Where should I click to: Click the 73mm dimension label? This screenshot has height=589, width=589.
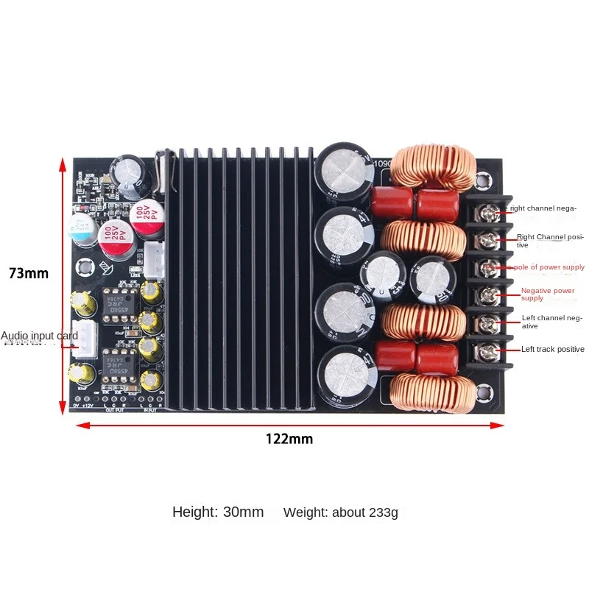[29, 273]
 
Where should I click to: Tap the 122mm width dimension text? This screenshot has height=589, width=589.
[289, 439]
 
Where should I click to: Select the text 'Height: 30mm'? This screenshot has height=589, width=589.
[218, 512]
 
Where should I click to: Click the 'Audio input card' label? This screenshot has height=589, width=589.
[39, 336]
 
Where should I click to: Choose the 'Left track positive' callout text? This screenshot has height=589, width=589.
[553, 349]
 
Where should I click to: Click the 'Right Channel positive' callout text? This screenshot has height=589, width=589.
[550, 240]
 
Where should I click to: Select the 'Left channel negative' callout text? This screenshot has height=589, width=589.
[551, 321]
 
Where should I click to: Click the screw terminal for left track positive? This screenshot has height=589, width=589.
[487, 350]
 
